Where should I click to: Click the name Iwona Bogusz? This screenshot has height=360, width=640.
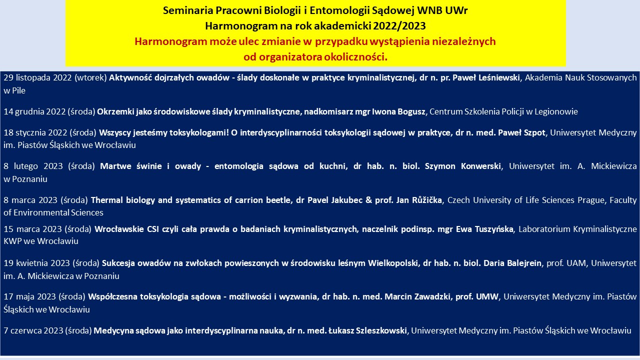[398, 111]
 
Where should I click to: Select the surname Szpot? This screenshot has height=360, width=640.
[533, 133]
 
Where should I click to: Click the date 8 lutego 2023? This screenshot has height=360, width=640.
[33, 166]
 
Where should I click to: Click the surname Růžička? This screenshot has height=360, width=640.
[427, 199]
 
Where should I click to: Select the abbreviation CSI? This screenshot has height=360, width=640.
[153, 229]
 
